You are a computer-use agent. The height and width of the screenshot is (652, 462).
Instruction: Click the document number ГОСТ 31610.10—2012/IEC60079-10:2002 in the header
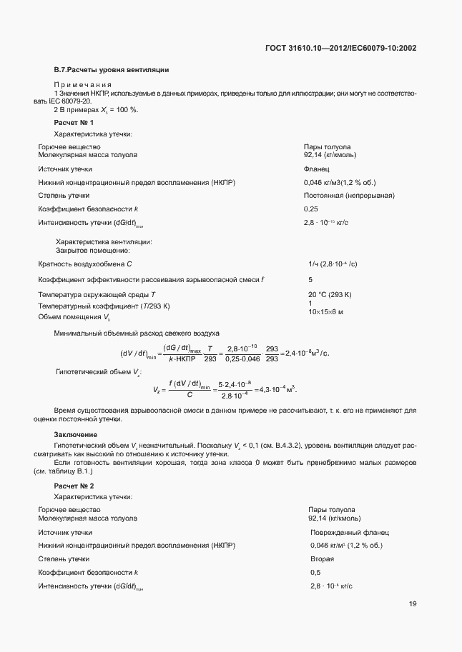click(340, 49)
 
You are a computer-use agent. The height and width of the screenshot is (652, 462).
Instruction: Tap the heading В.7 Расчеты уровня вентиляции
click(112, 70)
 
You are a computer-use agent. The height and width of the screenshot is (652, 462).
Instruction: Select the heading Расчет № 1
click(74, 123)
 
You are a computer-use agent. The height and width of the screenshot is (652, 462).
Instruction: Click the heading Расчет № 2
click(74, 486)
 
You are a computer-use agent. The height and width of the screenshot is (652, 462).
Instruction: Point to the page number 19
click(413, 604)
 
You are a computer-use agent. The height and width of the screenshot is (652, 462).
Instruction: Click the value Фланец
click(316, 169)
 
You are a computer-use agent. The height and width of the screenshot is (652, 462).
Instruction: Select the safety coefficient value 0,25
click(310, 209)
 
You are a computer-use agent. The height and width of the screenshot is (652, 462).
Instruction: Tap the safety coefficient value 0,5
click(315, 572)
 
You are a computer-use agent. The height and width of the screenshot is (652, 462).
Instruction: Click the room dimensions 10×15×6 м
click(325, 312)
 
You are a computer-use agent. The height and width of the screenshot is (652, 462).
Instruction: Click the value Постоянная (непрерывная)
click(349, 195)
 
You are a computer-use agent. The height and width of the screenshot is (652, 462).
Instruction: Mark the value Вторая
click(322, 558)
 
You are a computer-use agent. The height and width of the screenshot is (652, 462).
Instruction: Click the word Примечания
click(83, 84)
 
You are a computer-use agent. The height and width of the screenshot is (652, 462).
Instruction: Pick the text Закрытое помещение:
click(93, 250)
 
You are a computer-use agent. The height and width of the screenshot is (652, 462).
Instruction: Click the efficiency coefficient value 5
click(310, 279)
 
